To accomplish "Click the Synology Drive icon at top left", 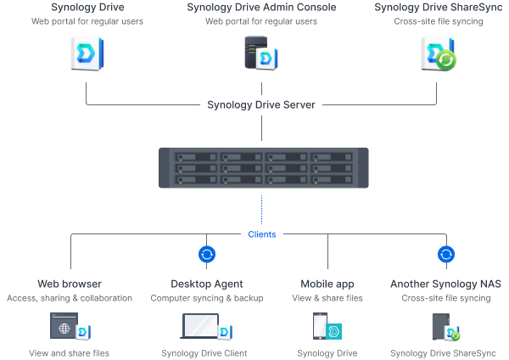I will [x=85, y=53].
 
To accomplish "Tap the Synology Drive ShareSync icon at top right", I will [x=439, y=53].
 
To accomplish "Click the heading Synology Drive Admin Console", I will [x=260, y=8].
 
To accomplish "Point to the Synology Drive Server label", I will [x=261, y=105].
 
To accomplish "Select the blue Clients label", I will [x=261, y=233].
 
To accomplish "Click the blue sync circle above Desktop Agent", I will [x=206, y=254].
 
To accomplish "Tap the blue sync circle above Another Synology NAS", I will [x=445, y=254].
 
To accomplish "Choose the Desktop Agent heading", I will [x=207, y=284].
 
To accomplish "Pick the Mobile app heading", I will [x=327, y=284].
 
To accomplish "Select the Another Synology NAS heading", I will [x=446, y=284].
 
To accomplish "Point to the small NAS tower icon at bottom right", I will [x=441, y=327].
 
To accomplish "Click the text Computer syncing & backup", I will [x=207, y=298].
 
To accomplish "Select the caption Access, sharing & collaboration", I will [x=70, y=298].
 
